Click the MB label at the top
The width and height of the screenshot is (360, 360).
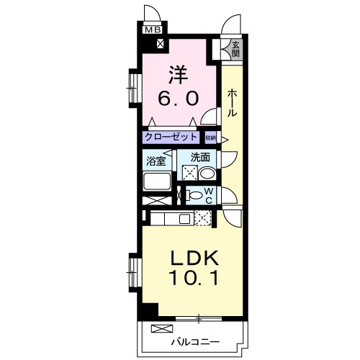click(153, 30)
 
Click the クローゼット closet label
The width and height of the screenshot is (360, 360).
click(171, 136)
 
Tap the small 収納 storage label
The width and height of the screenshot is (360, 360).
click(210, 137)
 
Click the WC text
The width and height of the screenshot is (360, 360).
click(207, 195)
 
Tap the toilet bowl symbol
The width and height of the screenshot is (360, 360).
click(194, 195)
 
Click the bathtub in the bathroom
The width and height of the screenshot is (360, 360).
click(156, 181)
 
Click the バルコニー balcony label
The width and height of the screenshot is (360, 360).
click(196, 342)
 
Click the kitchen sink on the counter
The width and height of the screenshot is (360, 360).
click(184, 219)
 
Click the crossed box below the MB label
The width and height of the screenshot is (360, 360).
click(159, 42)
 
